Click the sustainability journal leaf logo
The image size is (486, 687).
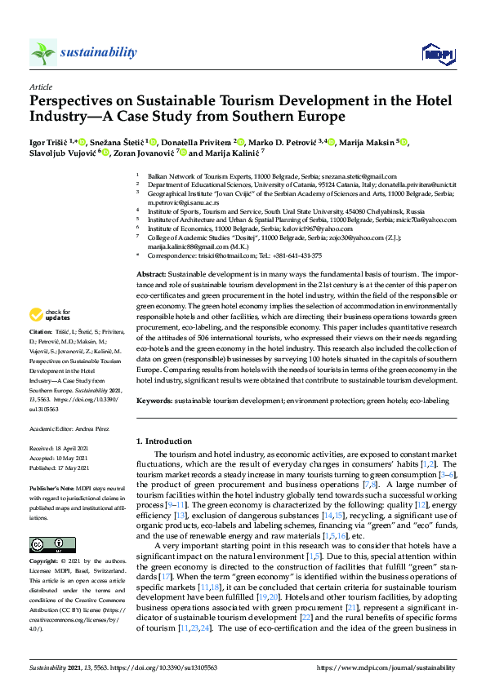pyautogui.click(x=43, y=52)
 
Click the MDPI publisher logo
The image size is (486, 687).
pyautogui.click(x=438, y=54)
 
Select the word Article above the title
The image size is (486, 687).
pyautogui.click(x=40, y=86)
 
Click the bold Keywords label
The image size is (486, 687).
pyautogui.click(x=154, y=401)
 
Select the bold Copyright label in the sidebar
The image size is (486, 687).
pyautogui.click(x=44, y=562)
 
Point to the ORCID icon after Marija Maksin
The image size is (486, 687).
pyautogui.click(x=404, y=142)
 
